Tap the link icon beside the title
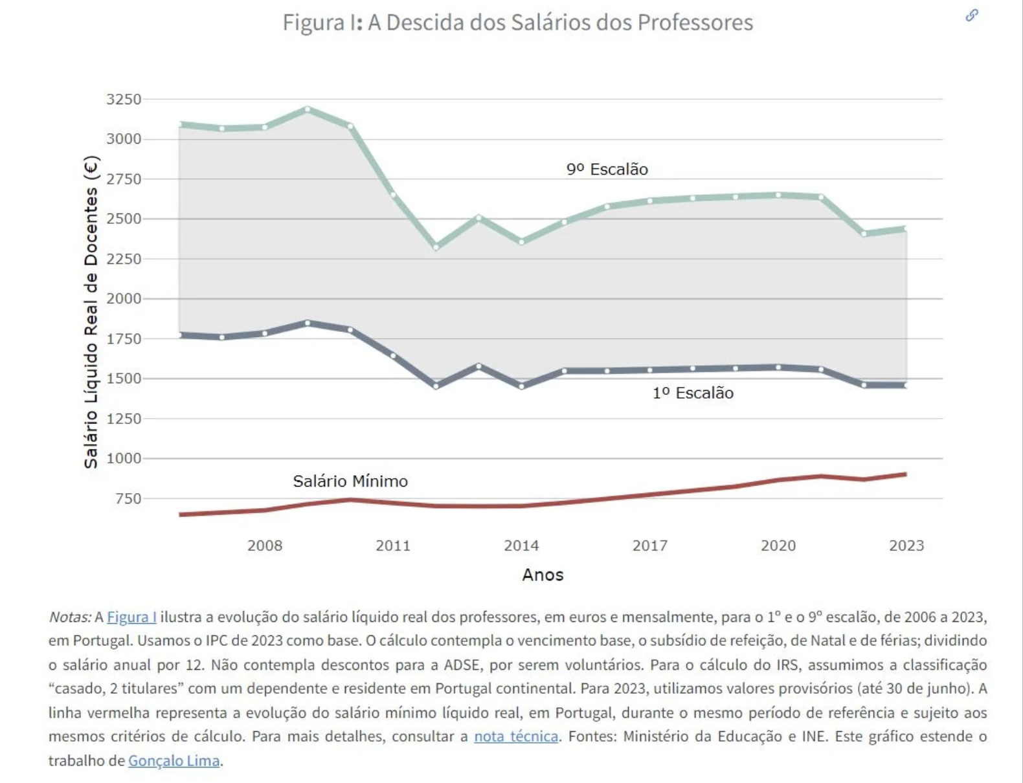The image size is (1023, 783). point(971,15)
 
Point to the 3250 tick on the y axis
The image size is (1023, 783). point(123,99)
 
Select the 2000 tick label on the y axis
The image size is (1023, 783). point(123,298)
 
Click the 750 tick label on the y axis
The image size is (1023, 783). point(128,498)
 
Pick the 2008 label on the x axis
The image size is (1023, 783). point(265,546)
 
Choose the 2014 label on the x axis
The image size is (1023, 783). point(521,546)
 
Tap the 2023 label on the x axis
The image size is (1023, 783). point(906,546)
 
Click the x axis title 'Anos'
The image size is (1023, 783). point(543,575)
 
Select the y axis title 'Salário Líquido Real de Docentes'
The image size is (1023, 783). point(91,312)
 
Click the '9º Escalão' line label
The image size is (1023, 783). point(607,169)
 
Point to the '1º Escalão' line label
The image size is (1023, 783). point(693,393)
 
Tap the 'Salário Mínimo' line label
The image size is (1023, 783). point(350,481)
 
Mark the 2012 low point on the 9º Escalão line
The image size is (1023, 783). point(436,247)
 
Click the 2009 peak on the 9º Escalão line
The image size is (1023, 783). point(308,109)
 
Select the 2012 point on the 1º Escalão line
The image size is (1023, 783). point(436,386)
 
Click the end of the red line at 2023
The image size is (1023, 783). point(905,474)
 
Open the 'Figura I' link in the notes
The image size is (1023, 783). point(131,617)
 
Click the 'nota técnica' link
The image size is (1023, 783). point(516,736)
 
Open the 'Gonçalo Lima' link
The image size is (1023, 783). point(174,760)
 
